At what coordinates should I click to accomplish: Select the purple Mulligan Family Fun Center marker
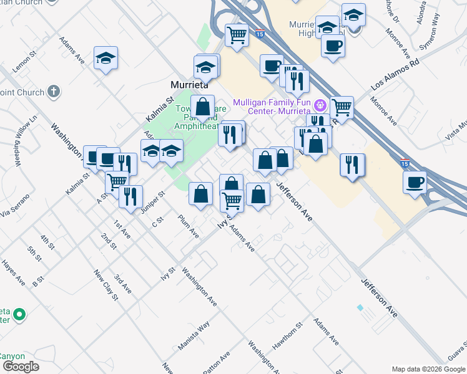click(320, 104)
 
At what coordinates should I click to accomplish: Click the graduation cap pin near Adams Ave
click(106, 59)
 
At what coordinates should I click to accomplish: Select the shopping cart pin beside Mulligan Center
click(342, 107)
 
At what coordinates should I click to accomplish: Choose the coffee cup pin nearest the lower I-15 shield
click(415, 183)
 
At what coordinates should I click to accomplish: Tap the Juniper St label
click(152, 202)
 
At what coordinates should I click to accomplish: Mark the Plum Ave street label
click(188, 227)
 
